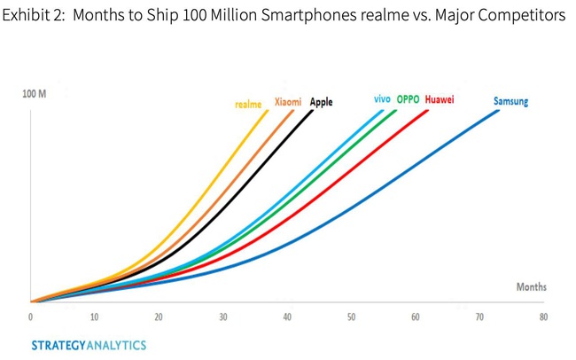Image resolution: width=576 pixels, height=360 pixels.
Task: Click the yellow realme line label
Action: (x=248, y=104)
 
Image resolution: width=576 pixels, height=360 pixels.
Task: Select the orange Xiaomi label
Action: (x=288, y=102)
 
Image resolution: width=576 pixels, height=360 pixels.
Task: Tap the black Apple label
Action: (x=321, y=102)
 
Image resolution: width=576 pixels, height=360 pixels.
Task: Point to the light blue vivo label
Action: (x=383, y=99)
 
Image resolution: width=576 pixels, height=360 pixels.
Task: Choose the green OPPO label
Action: (x=409, y=99)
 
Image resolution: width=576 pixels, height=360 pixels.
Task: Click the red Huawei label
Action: (x=440, y=99)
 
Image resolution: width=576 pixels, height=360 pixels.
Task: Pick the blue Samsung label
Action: (x=510, y=101)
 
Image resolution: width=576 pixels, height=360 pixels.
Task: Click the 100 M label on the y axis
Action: (x=35, y=94)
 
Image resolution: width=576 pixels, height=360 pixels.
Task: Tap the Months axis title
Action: (x=531, y=287)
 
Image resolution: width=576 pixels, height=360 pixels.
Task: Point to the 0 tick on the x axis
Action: (x=31, y=317)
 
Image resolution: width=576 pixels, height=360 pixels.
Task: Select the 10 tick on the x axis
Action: (x=94, y=317)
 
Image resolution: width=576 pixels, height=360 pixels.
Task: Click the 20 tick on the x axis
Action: (x=159, y=317)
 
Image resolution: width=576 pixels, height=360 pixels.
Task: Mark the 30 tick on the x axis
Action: (x=223, y=317)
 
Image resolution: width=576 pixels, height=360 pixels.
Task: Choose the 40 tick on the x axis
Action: (x=287, y=317)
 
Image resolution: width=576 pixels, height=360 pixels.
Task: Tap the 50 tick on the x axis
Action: (x=351, y=317)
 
